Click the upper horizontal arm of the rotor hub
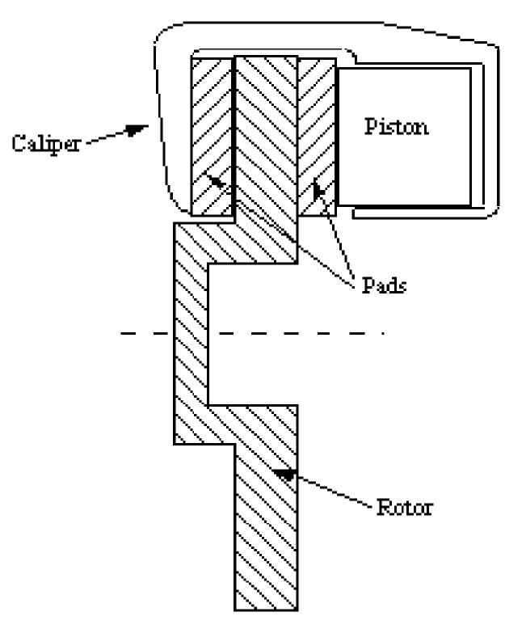(x=242, y=243)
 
